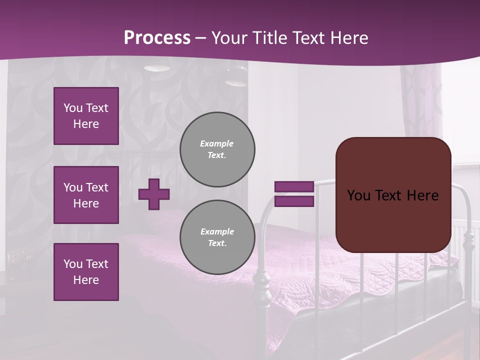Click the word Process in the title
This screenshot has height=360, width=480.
click(x=157, y=37)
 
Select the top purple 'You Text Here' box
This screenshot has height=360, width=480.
click(x=86, y=116)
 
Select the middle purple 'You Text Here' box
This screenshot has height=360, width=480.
click(x=86, y=195)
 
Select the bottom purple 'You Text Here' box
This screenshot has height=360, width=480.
click(x=86, y=271)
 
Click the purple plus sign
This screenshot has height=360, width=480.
click(x=154, y=194)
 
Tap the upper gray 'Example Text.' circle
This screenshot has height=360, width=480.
click(x=217, y=149)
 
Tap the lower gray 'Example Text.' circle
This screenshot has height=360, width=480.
click(x=217, y=237)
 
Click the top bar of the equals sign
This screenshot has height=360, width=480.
click(x=294, y=187)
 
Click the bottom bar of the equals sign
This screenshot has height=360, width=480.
click(x=294, y=201)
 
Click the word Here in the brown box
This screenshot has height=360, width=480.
click(x=422, y=195)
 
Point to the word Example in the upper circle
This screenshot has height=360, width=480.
click(x=216, y=143)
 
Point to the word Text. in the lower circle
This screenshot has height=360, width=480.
click(x=217, y=243)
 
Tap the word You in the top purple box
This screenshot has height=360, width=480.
click(x=72, y=108)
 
